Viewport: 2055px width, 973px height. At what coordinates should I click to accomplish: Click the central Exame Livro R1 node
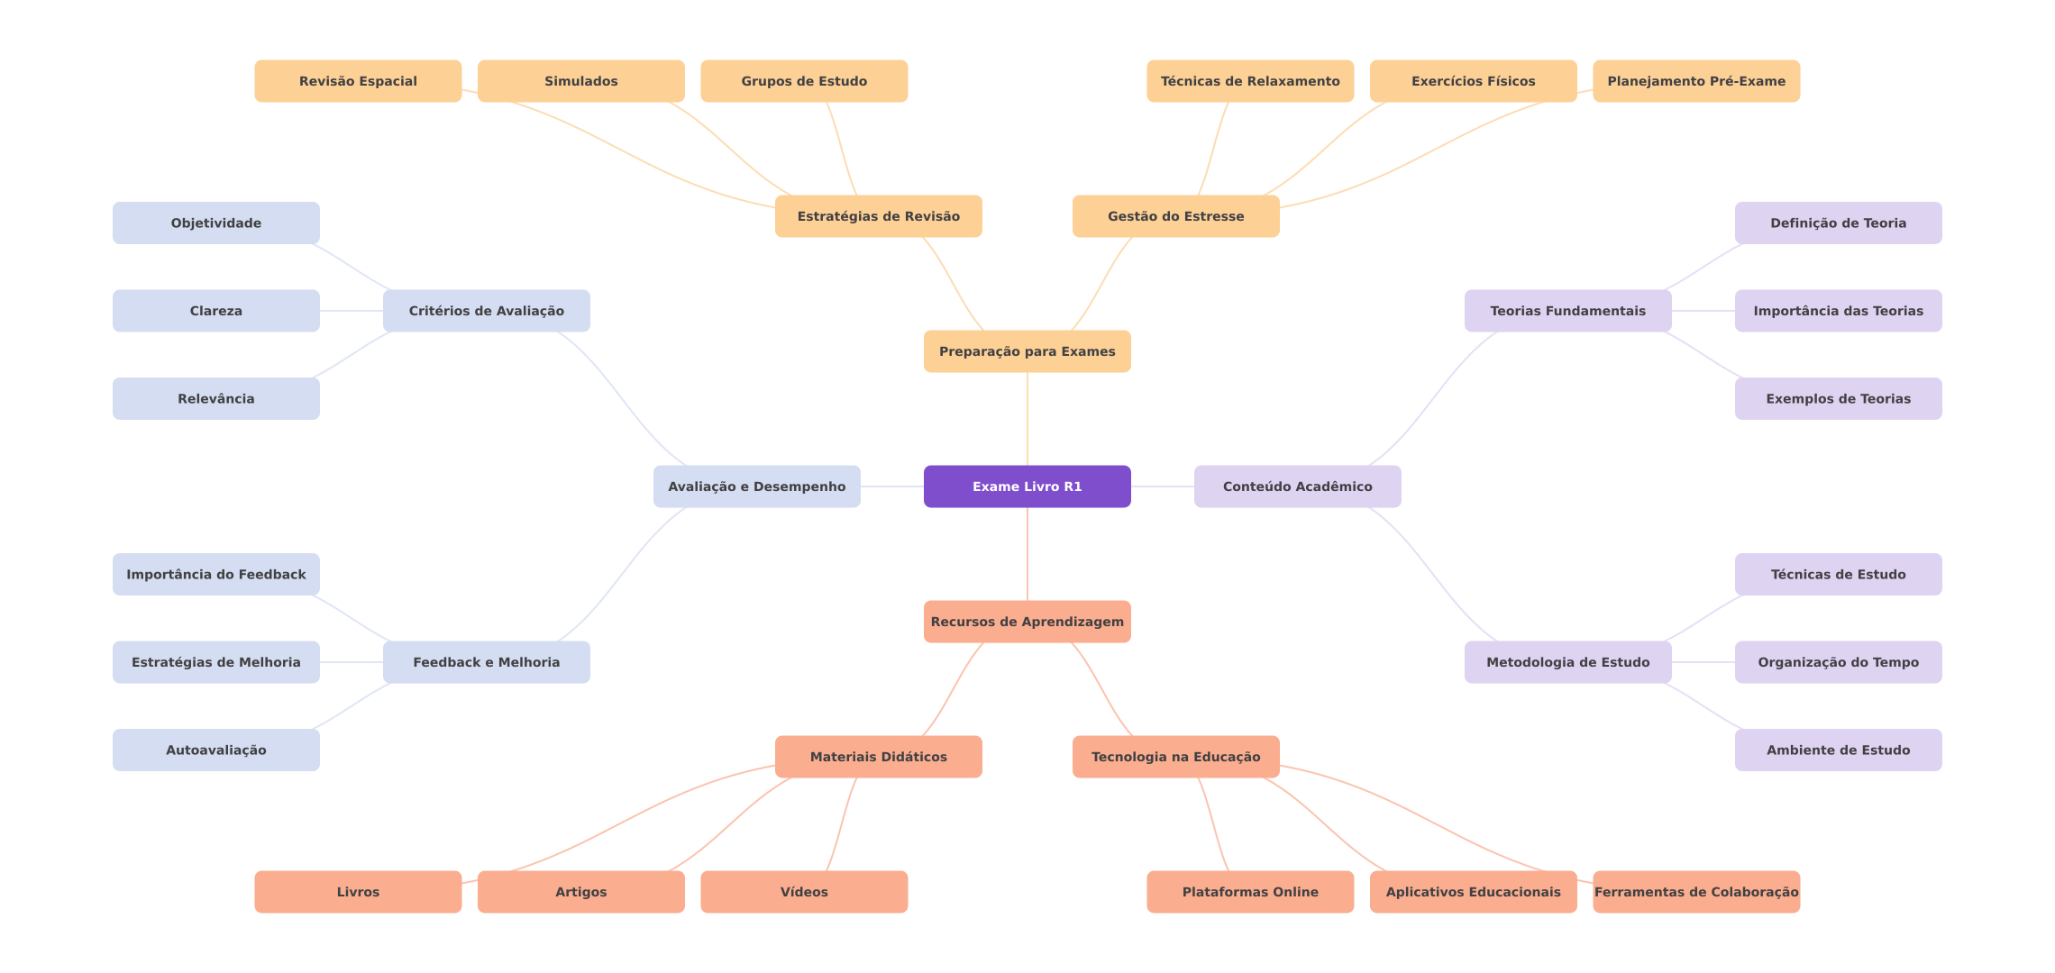(x=1027, y=486)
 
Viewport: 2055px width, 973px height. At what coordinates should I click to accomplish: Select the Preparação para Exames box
(x=1027, y=351)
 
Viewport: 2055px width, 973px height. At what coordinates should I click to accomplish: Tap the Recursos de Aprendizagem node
(x=1027, y=622)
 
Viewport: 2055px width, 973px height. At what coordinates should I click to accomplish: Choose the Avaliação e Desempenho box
(x=756, y=486)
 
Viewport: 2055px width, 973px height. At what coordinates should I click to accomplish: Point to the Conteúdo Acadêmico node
(x=1297, y=486)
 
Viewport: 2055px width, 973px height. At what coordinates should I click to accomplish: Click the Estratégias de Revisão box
(x=878, y=216)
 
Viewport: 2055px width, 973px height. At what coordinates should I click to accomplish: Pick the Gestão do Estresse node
(x=1175, y=216)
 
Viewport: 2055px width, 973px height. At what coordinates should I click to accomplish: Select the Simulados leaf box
(x=580, y=81)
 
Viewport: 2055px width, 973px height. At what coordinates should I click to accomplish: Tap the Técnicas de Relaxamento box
(x=1249, y=81)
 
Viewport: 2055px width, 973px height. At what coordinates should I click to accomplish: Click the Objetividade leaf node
(x=215, y=223)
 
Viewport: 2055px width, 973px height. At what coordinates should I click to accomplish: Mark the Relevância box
(x=215, y=398)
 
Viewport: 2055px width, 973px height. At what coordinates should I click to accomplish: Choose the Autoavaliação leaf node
(x=215, y=750)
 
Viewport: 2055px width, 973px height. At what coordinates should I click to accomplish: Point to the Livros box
(x=358, y=892)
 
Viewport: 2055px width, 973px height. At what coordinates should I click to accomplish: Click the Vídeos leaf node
(x=803, y=892)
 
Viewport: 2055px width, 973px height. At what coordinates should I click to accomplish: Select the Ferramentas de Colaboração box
(x=1695, y=892)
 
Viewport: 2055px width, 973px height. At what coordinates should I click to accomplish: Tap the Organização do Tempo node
(x=1838, y=662)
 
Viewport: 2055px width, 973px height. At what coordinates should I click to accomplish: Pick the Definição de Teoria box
(x=1838, y=223)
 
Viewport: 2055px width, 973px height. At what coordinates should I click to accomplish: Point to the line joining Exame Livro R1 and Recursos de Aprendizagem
(x=1027, y=554)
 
